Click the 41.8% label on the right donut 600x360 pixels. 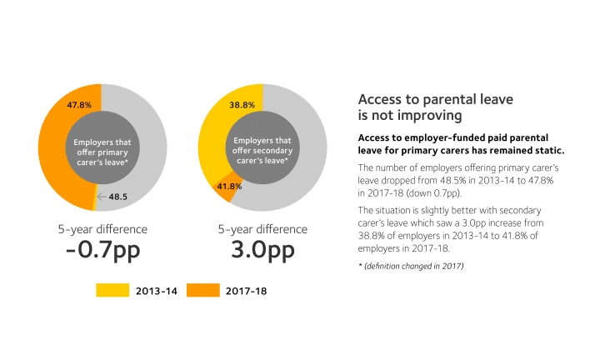pos(229,187)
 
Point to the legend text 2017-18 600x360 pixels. pos(243,290)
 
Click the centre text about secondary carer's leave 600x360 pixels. pos(262,147)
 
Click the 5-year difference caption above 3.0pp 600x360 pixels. pos(262,229)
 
